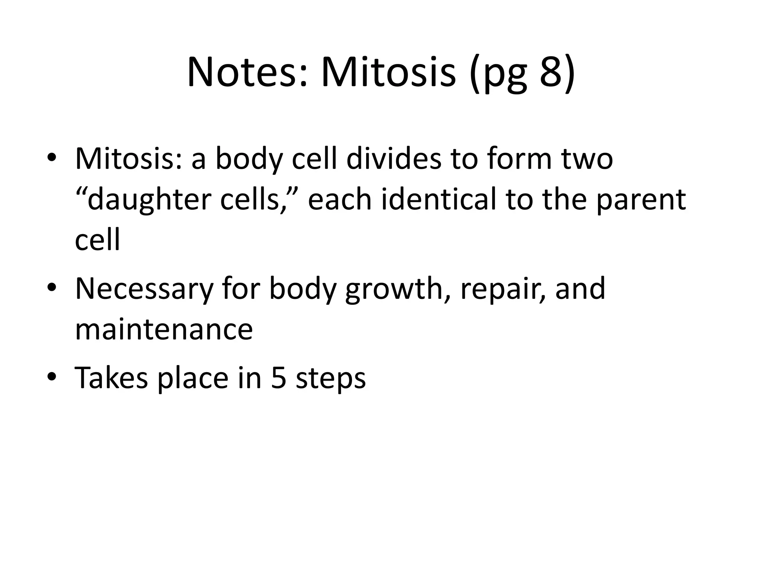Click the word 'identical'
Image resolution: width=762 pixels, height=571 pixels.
tap(439, 200)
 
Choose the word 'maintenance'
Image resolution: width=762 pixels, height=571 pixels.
tap(164, 330)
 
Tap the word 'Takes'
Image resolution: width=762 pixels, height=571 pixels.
tap(111, 378)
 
